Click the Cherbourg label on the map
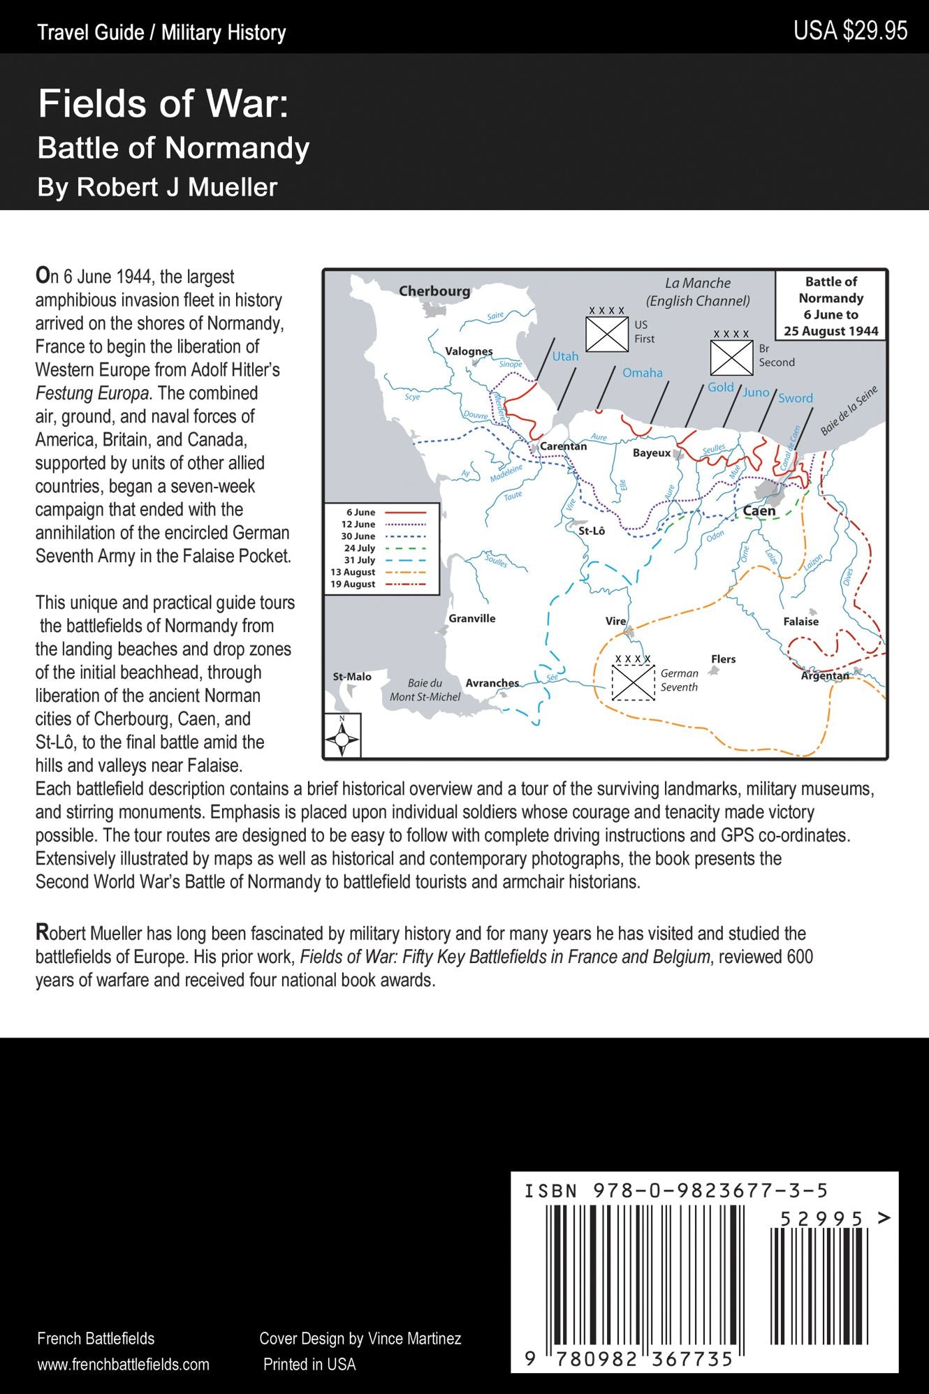click(x=434, y=291)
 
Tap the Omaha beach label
click(x=642, y=373)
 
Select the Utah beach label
click(x=565, y=356)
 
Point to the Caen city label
click(x=759, y=511)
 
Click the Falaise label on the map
click(x=800, y=622)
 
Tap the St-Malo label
click(x=352, y=677)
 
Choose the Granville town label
click(x=472, y=618)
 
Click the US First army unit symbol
click(x=606, y=334)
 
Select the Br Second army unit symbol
click(x=731, y=357)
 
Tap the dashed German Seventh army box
click(x=633, y=682)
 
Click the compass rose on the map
click(x=342, y=738)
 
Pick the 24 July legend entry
click(x=381, y=548)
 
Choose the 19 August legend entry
click(x=381, y=584)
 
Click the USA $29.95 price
click(x=850, y=31)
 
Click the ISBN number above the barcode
click(x=676, y=1191)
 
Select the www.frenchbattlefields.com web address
click(x=123, y=1364)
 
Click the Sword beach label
click(x=796, y=398)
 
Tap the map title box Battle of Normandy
click(x=831, y=306)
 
